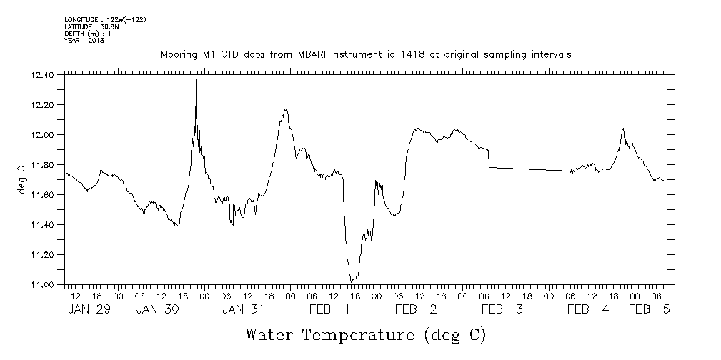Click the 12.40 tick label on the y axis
pyautogui.click(x=43, y=75)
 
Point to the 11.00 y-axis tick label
pyautogui.click(x=43, y=285)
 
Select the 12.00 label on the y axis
pyautogui.click(x=43, y=135)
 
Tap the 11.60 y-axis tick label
pyautogui.click(x=43, y=195)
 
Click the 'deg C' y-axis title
pyautogui.click(x=21, y=179)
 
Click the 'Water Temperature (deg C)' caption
pyautogui.click(x=365, y=334)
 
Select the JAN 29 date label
pyautogui.click(x=89, y=309)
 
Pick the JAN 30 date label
pyautogui.click(x=157, y=309)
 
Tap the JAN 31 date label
pyautogui.click(x=244, y=309)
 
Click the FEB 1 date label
pyautogui.click(x=329, y=309)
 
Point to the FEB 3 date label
pyautogui.click(x=502, y=309)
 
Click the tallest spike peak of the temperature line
pyautogui.click(x=196, y=80)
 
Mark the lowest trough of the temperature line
pyautogui.click(x=351, y=281)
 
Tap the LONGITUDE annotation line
pyautogui.click(x=105, y=19)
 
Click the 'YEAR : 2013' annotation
pyautogui.click(x=84, y=41)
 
